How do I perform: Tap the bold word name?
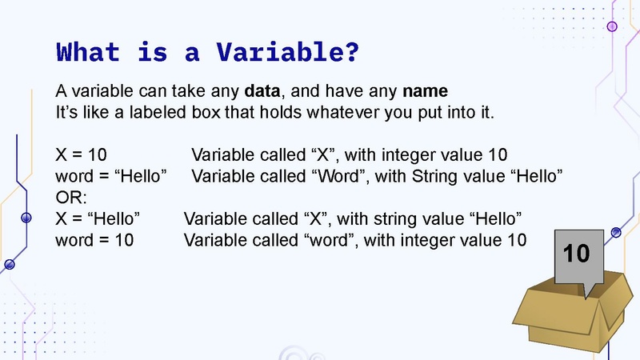[425, 90]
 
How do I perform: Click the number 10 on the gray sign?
[576, 254]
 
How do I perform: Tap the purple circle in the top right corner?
[613, 26]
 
